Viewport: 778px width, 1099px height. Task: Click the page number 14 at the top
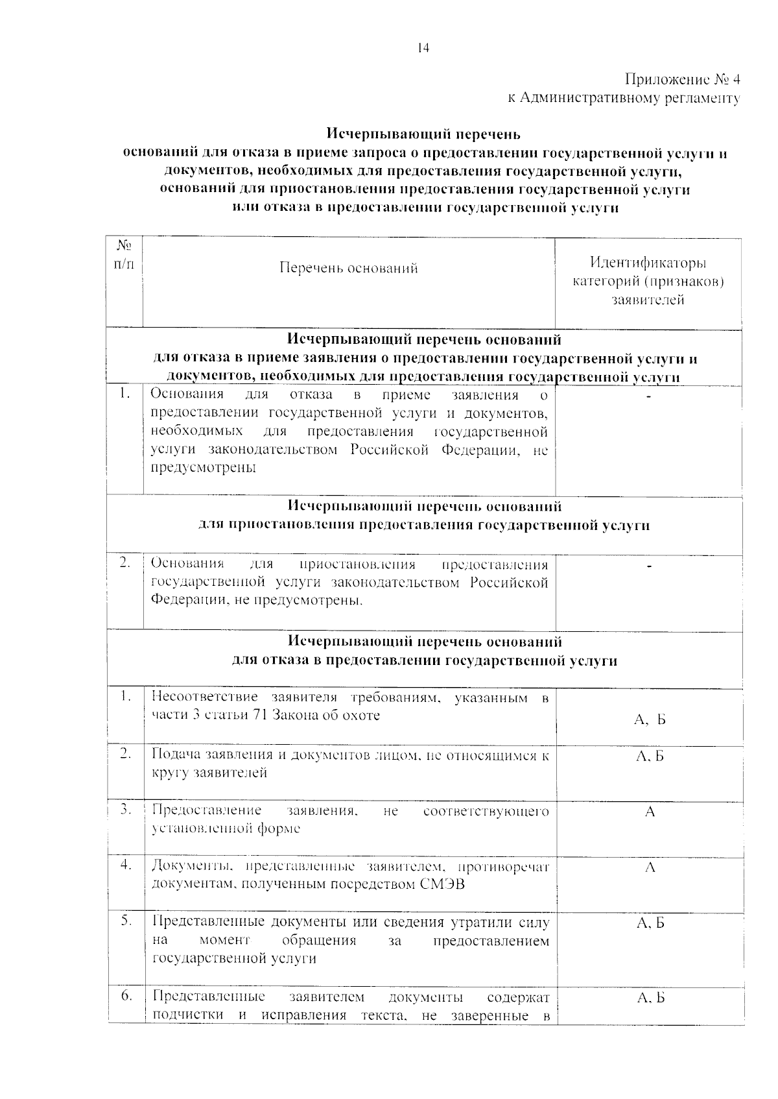point(423,47)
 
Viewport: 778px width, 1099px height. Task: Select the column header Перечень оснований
point(348,268)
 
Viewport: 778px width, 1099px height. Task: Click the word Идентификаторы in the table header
point(648,263)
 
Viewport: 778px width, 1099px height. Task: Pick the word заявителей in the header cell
point(648,300)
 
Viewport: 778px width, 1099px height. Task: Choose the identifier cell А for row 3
point(650,812)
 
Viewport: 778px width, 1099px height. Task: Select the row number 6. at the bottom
point(126,995)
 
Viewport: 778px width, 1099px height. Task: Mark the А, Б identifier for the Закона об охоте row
point(650,719)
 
